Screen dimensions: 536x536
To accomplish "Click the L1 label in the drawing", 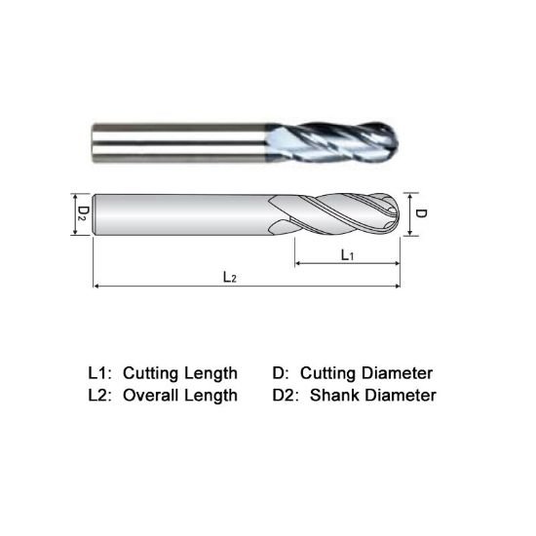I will pyautogui.click(x=346, y=253).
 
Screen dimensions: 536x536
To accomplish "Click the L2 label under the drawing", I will pyautogui.click(x=230, y=276).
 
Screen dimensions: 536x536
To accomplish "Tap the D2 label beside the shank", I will pyautogui.click(x=83, y=210).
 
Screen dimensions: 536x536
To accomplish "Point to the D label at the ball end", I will pyautogui.click(x=422, y=211).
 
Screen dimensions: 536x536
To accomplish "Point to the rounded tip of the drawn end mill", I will pyautogui.click(x=398, y=211).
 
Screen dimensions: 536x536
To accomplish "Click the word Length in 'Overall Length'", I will pyautogui.click(x=213, y=395).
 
